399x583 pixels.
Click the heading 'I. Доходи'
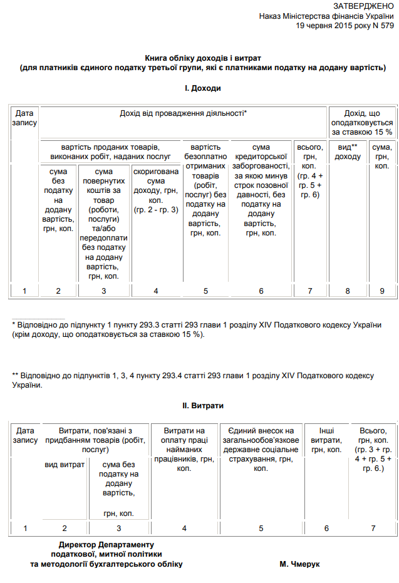coord(202,89)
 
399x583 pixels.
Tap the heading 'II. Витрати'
coord(203,406)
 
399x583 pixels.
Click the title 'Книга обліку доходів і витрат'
coord(202,57)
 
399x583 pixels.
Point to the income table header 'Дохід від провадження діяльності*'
coord(183,113)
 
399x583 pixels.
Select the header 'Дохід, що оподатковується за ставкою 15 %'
coord(362,122)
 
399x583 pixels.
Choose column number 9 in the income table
coord(381,291)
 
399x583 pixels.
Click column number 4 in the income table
coord(155,291)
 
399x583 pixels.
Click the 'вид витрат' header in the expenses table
coord(64,465)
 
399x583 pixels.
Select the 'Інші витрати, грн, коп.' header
coord(326,440)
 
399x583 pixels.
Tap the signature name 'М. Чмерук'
coord(299,564)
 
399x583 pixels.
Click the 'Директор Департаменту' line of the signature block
coord(106,544)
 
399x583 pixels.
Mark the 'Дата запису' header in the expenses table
coord(25,436)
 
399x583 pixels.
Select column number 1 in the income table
coord(24,291)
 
